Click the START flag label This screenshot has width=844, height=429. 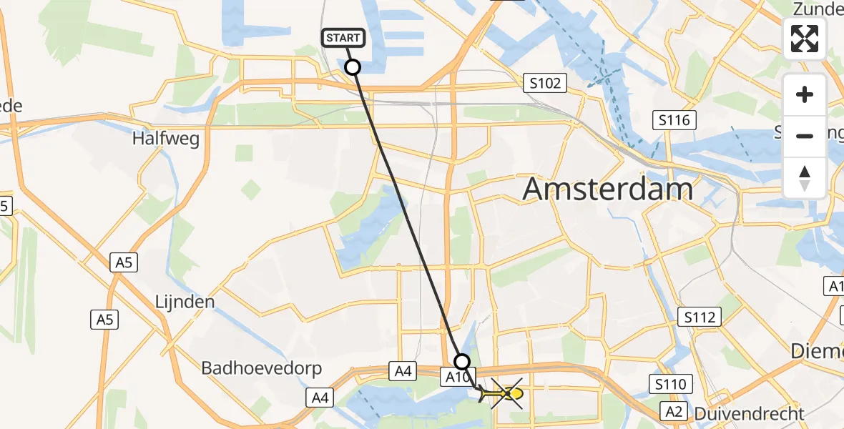coord(345,38)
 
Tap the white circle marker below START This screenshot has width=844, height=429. coord(353,67)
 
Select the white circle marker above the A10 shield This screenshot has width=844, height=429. coord(463,362)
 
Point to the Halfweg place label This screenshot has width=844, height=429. coord(165,138)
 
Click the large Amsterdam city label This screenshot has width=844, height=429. coord(608,189)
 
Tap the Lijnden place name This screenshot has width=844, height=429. coord(185,302)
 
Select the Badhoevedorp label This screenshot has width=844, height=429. coord(262,368)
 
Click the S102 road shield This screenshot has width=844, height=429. coord(545,84)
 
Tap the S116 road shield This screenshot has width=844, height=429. coord(674,120)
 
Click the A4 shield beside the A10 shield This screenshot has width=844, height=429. coord(403,370)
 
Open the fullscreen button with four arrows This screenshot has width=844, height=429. coord(805,39)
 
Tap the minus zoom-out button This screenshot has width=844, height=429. coord(805,136)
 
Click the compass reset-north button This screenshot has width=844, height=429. coord(805,177)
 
